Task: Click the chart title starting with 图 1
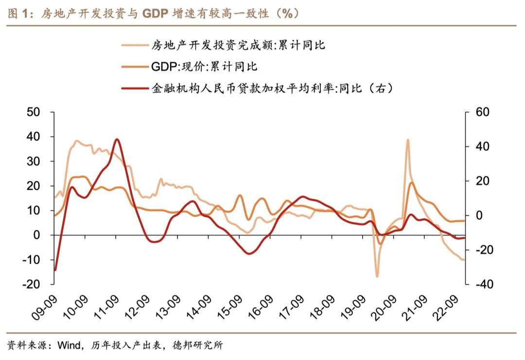pos(151,14)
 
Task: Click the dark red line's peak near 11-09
pos(116,139)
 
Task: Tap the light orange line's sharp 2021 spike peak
pos(407,140)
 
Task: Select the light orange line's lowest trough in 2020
pos(377,276)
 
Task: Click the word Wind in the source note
pos(68,346)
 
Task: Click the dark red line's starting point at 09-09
pos(55,270)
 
